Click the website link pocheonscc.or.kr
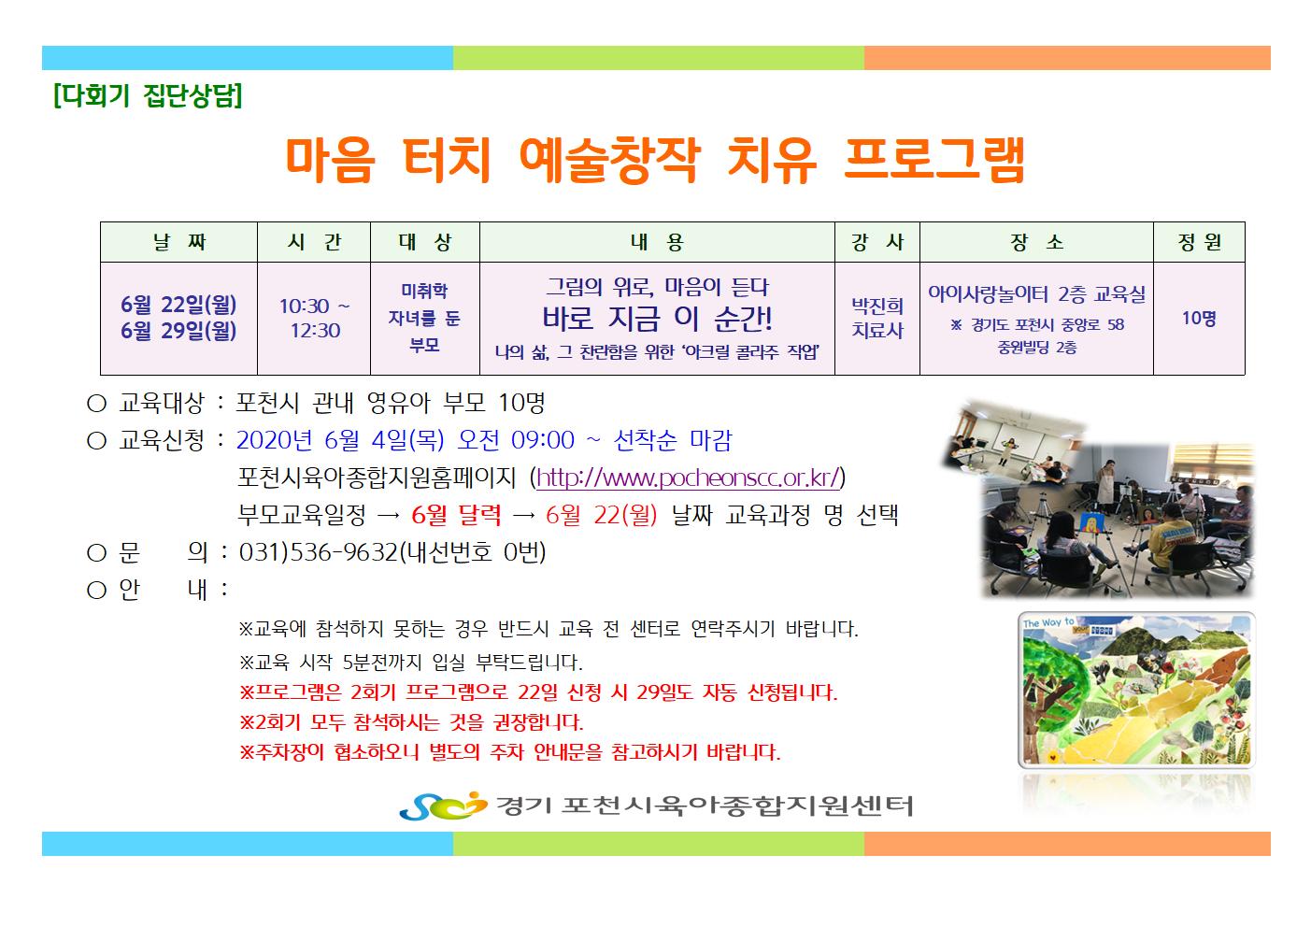689,478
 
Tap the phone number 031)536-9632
319,552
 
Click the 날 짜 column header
179,242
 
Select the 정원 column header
1199,242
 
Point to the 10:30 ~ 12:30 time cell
315,318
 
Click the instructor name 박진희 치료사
877,318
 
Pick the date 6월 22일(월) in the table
178,305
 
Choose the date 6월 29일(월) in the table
178,331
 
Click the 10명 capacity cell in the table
1199,318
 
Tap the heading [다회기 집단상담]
148,95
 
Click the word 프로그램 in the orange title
934,159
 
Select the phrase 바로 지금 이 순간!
657,318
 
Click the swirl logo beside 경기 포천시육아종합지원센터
443,806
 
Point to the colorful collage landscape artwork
1136,690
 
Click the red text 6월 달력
456,515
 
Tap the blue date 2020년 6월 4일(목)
340,440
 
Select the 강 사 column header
877,242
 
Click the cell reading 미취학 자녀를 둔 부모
424,318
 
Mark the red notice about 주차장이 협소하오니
510,752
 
